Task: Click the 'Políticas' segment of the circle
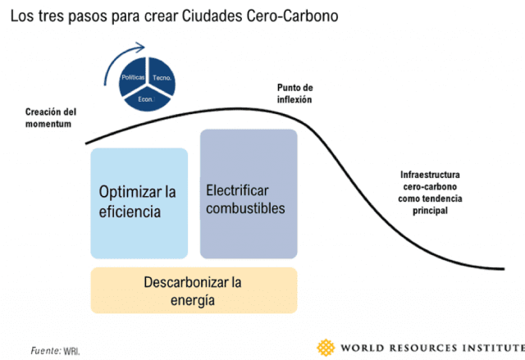point(133,75)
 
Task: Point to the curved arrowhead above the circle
point(144,48)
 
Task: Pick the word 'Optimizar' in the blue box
point(131,192)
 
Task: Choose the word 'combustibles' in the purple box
point(245,207)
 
